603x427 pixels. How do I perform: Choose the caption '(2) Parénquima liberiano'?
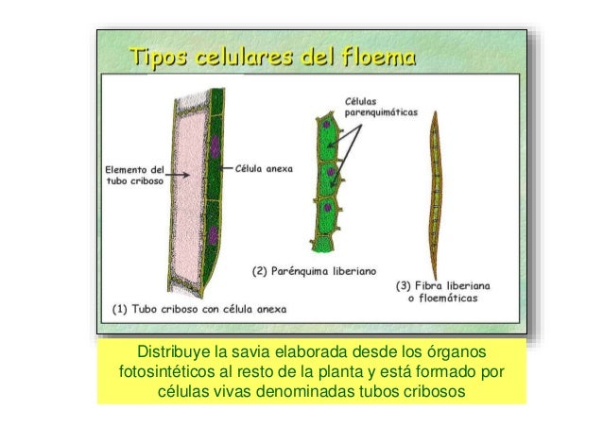click(x=312, y=272)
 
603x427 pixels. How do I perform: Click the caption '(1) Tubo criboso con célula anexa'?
click(x=199, y=308)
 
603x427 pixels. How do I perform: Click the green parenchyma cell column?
click(x=326, y=179)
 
